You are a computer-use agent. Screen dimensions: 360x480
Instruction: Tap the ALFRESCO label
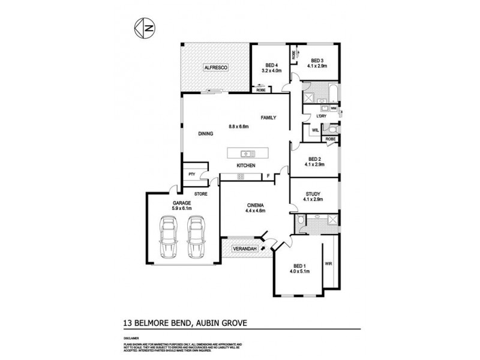pyautogui.click(x=214, y=68)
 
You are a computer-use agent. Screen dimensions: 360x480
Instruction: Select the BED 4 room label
pyautogui.click(x=271, y=65)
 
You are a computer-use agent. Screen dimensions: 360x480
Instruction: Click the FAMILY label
pyautogui.click(x=268, y=118)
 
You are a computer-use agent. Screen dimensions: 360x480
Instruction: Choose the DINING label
pyautogui.click(x=206, y=134)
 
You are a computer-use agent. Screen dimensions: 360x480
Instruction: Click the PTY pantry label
pyautogui.click(x=191, y=175)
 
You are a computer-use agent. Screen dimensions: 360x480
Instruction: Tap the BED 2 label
pyautogui.click(x=314, y=159)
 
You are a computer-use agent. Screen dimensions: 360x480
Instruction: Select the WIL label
pyautogui.click(x=314, y=130)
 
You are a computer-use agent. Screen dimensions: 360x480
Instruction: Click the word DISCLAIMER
pyautogui.click(x=132, y=338)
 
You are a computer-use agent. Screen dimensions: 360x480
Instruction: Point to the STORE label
pyautogui.click(x=200, y=194)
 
